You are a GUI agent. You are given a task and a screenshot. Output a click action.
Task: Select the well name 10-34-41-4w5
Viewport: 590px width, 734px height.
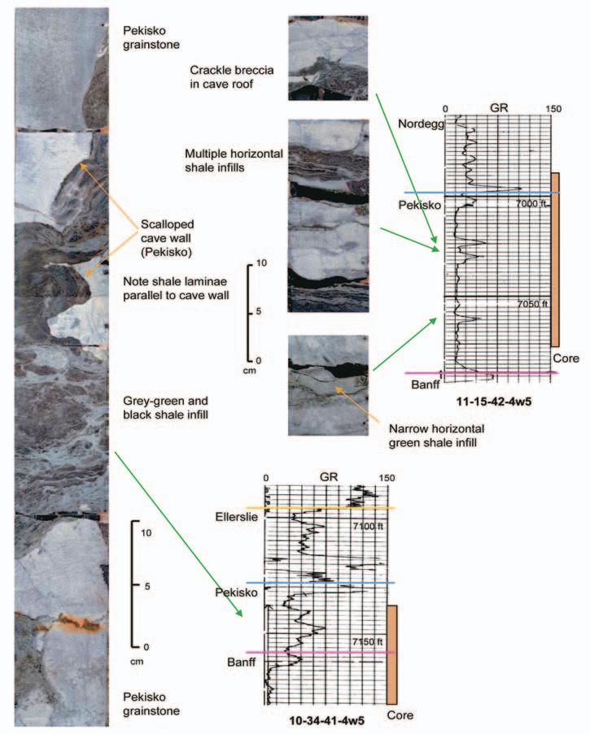coord(326,719)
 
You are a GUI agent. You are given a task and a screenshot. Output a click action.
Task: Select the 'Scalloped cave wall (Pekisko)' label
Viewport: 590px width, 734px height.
coord(162,238)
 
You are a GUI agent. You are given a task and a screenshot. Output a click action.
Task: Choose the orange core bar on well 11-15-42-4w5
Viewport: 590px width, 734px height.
coord(555,258)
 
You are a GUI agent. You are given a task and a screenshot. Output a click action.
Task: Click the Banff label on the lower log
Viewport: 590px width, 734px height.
coord(242,662)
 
